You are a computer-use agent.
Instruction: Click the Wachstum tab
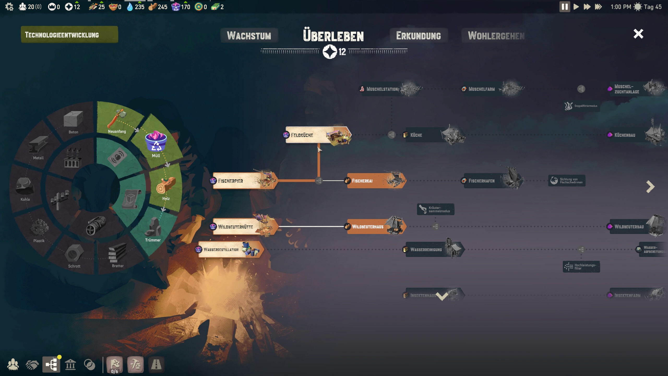point(249,36)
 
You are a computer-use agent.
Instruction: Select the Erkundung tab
point(418,36)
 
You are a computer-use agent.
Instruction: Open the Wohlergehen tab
point(496,36)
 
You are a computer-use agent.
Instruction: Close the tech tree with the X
point(638,34)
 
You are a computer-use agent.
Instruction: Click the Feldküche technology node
point(317,135)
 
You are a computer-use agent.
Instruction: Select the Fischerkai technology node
point(376,181)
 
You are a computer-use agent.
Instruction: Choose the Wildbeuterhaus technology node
point(376,227)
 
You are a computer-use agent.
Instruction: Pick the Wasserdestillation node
point(230,250)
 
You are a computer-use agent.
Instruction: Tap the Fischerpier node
point(244,181)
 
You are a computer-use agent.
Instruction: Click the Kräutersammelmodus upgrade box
point(436,209)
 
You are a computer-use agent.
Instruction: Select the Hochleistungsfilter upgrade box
point(581,267)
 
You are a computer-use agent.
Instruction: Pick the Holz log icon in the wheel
point(166,185)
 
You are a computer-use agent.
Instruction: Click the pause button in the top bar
point(564,7)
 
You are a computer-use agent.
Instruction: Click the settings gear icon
point(9,7)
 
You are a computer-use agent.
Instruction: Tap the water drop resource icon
point(130,7)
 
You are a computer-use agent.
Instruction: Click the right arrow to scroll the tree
point(650,187)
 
